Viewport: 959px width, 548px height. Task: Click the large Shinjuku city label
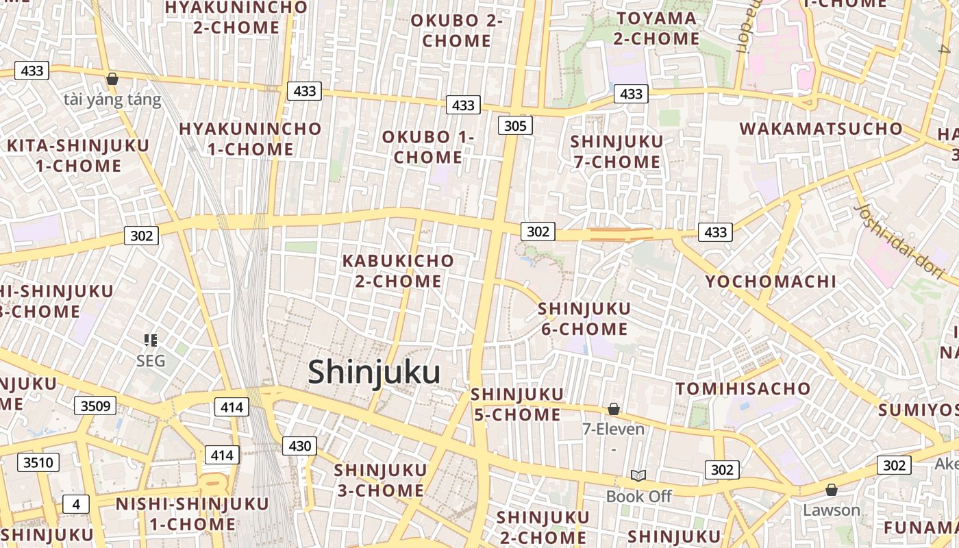coord(374,372)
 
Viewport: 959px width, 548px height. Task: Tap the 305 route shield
coord(515,125)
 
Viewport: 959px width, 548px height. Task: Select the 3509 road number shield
coord(95,406)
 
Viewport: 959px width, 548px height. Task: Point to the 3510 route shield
coord(38,462)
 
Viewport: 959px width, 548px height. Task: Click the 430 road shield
coord(300,446)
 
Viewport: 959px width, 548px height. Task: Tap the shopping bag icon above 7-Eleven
coord(614,409)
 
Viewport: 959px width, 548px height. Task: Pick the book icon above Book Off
coord(638,475)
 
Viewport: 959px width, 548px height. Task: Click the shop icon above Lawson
coord(831,490)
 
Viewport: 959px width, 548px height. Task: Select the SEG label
coord(151,360)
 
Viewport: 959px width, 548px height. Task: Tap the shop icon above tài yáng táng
coord(112,79)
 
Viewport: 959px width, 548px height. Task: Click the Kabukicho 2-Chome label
coord(398,271)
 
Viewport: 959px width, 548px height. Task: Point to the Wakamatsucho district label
coord(821,129)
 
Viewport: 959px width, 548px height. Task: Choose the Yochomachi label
coord(771,281)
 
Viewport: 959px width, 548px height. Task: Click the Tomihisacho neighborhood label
coord(743,389)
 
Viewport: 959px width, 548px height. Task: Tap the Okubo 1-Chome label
coord(427,147)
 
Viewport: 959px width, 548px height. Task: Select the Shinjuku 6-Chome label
coord(584,319)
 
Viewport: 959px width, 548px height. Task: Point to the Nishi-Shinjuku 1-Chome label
coord(192,514)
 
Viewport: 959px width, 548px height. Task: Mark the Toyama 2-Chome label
coord(656,28)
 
